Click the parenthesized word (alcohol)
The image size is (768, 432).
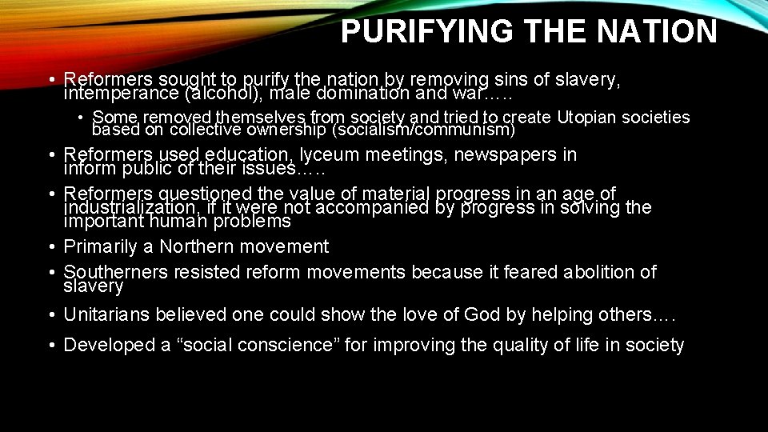[218, 93]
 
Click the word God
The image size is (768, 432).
[485, 314]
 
